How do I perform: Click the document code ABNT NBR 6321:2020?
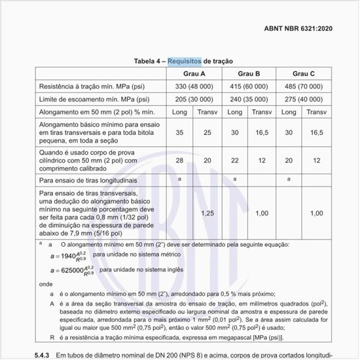tap(305, 29)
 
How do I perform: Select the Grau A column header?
tap(194, 73)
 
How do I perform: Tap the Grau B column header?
tap(249, 73)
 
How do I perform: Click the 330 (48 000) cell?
tap(194, 86)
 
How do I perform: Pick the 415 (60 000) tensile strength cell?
tap(249, 86)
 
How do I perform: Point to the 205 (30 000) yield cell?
tap(194, 99)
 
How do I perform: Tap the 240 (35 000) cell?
tap(249, 99)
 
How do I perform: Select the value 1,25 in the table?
tap(207, 213)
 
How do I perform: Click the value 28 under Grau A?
tap(179, 160)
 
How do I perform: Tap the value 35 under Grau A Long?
tap(179, 132)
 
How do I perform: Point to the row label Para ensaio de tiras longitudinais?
tap(88, 179)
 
